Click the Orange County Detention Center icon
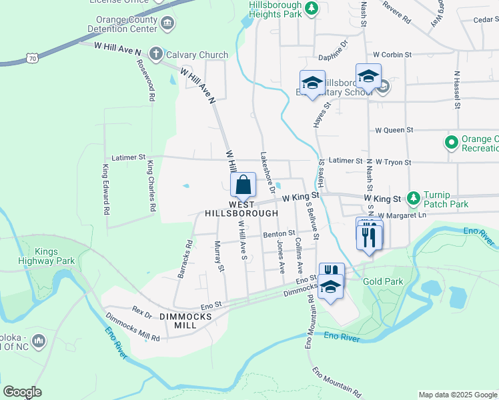(x=167, y=24)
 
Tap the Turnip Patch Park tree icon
(x=414, y=197)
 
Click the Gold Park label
(x=383, y=282)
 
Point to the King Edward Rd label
(x=105, y=189)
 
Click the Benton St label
(x=279, y=234)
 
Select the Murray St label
(x=217, y=257)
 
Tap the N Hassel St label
(x=458, y=89)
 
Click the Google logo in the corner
(x=22, y=392)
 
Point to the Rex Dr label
(x=142, y=311)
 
